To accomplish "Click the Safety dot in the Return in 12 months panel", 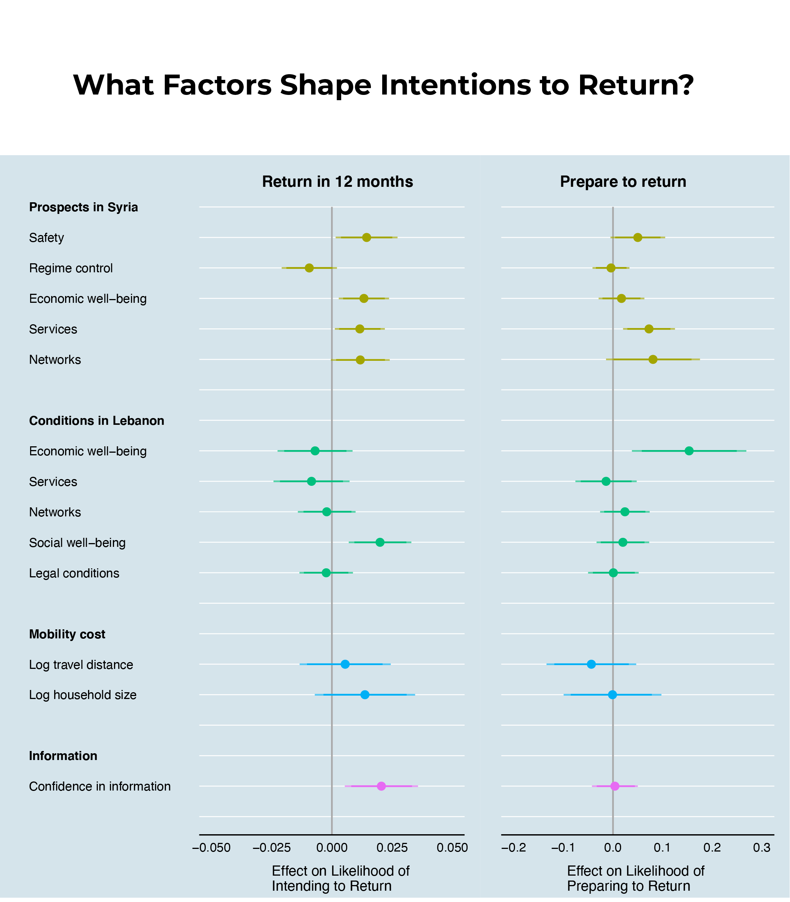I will [x=366, y=237].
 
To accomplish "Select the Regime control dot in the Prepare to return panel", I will [x=611, y=268].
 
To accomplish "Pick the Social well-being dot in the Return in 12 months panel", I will [x=380, y=542].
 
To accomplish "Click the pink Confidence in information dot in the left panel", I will [x=381, y=786].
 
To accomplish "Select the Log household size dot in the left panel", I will [x=365, y=694].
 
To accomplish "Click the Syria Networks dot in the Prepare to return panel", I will [x=653, y=360].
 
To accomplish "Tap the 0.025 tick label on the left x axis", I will [x=392, y=848].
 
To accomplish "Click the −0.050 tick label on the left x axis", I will [x=211, y=848].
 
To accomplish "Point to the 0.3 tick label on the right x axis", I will [x=762, y=848].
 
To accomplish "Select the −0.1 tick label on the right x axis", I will [x=563, y=848].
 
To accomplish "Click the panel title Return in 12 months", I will [x=337, y=182].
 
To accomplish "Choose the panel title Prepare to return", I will [x=623, y=182].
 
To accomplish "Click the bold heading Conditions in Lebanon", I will [x=97, y=421].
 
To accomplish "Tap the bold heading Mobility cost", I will [x=67, y=634].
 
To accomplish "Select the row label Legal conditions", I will [x=74, y=573].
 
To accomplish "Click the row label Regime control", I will [x=71, y=268].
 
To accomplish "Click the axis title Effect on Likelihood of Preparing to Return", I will [x=635, y=878].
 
